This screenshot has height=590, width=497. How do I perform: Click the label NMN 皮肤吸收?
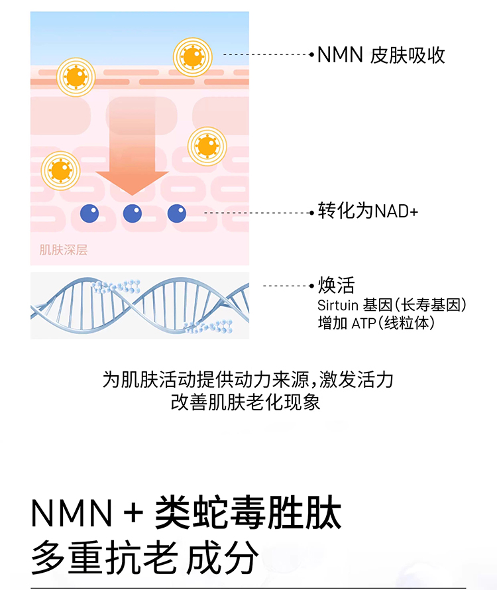[x=380, y=55]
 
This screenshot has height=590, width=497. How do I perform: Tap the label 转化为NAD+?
[x=368, y=212]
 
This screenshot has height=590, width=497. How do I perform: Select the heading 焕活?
[x=337, y=286]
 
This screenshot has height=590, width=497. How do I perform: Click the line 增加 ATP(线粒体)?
[x=376, y=324]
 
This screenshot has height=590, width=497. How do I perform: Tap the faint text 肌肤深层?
[x=64, y=250]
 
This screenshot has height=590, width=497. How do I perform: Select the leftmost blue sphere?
[x=89, y=213]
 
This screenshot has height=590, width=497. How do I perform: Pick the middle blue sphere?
[x=133, y=213]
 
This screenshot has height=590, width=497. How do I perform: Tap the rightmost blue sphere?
[x=176, y=213]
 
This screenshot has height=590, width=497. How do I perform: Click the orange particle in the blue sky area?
[x=193, y=57]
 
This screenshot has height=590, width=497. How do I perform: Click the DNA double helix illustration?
[x=140, y=306]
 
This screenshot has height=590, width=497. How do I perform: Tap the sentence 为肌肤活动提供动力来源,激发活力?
[x=248, y=380]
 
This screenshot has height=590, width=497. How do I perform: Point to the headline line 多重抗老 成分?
[x=144, y=558]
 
